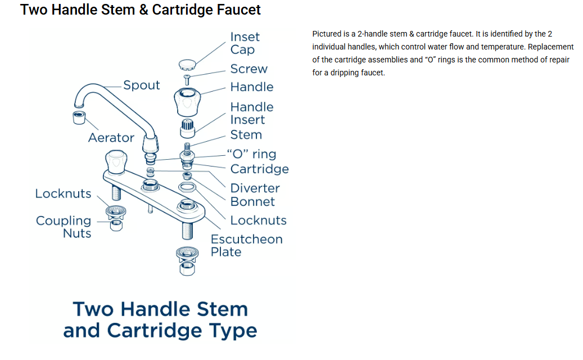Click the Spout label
tap(142, 85)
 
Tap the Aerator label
tap(111, 138)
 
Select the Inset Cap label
tap(245, 43)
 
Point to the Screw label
tap(248, 69)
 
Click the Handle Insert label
tap(251, 113)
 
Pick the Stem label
tap(246, 135)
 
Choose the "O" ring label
tap(251, 154)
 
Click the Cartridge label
tap(259, 169)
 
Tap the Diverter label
tap(255, 188)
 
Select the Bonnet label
tap(252, 202)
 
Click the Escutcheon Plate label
tap(246, 245)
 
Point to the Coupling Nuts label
tap(64, 227)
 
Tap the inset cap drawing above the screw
tap(187, 64)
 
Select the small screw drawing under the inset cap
tap(187, 79)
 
